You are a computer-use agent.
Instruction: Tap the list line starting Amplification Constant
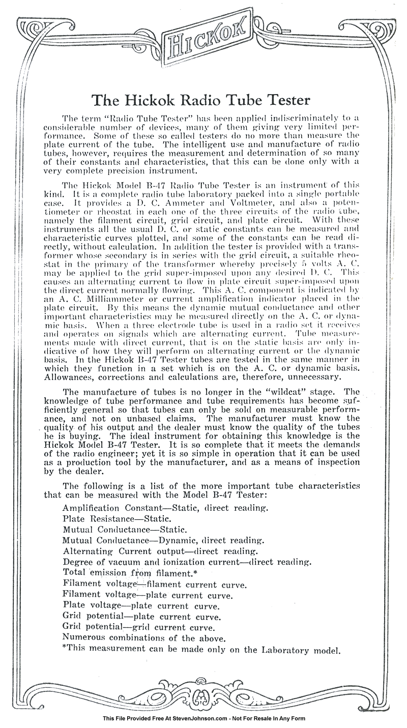pos(165,508)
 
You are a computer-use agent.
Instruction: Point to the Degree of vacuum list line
pos(187,562)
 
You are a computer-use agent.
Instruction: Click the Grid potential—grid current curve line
pos(142,627)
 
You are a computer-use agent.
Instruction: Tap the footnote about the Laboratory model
pos(201,649)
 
